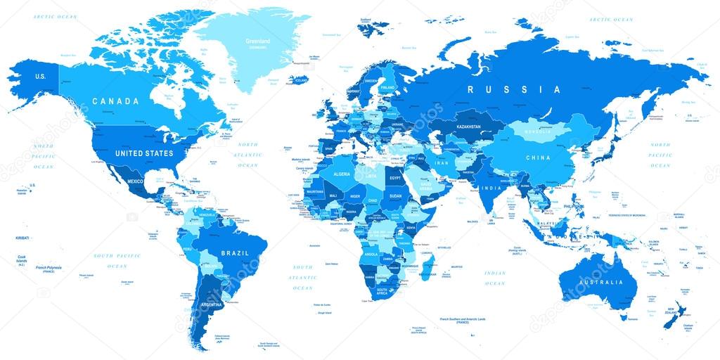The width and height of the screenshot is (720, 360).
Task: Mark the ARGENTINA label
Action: [211, 304]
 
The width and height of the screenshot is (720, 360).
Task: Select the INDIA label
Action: [492, 188]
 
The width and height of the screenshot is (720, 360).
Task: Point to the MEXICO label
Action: [135, 181]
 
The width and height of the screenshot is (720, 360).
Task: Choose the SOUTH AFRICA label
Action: [384, 292]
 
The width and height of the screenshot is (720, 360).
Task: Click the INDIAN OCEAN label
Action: [495, 278]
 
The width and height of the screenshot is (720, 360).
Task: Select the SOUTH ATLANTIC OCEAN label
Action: [303, 277]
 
